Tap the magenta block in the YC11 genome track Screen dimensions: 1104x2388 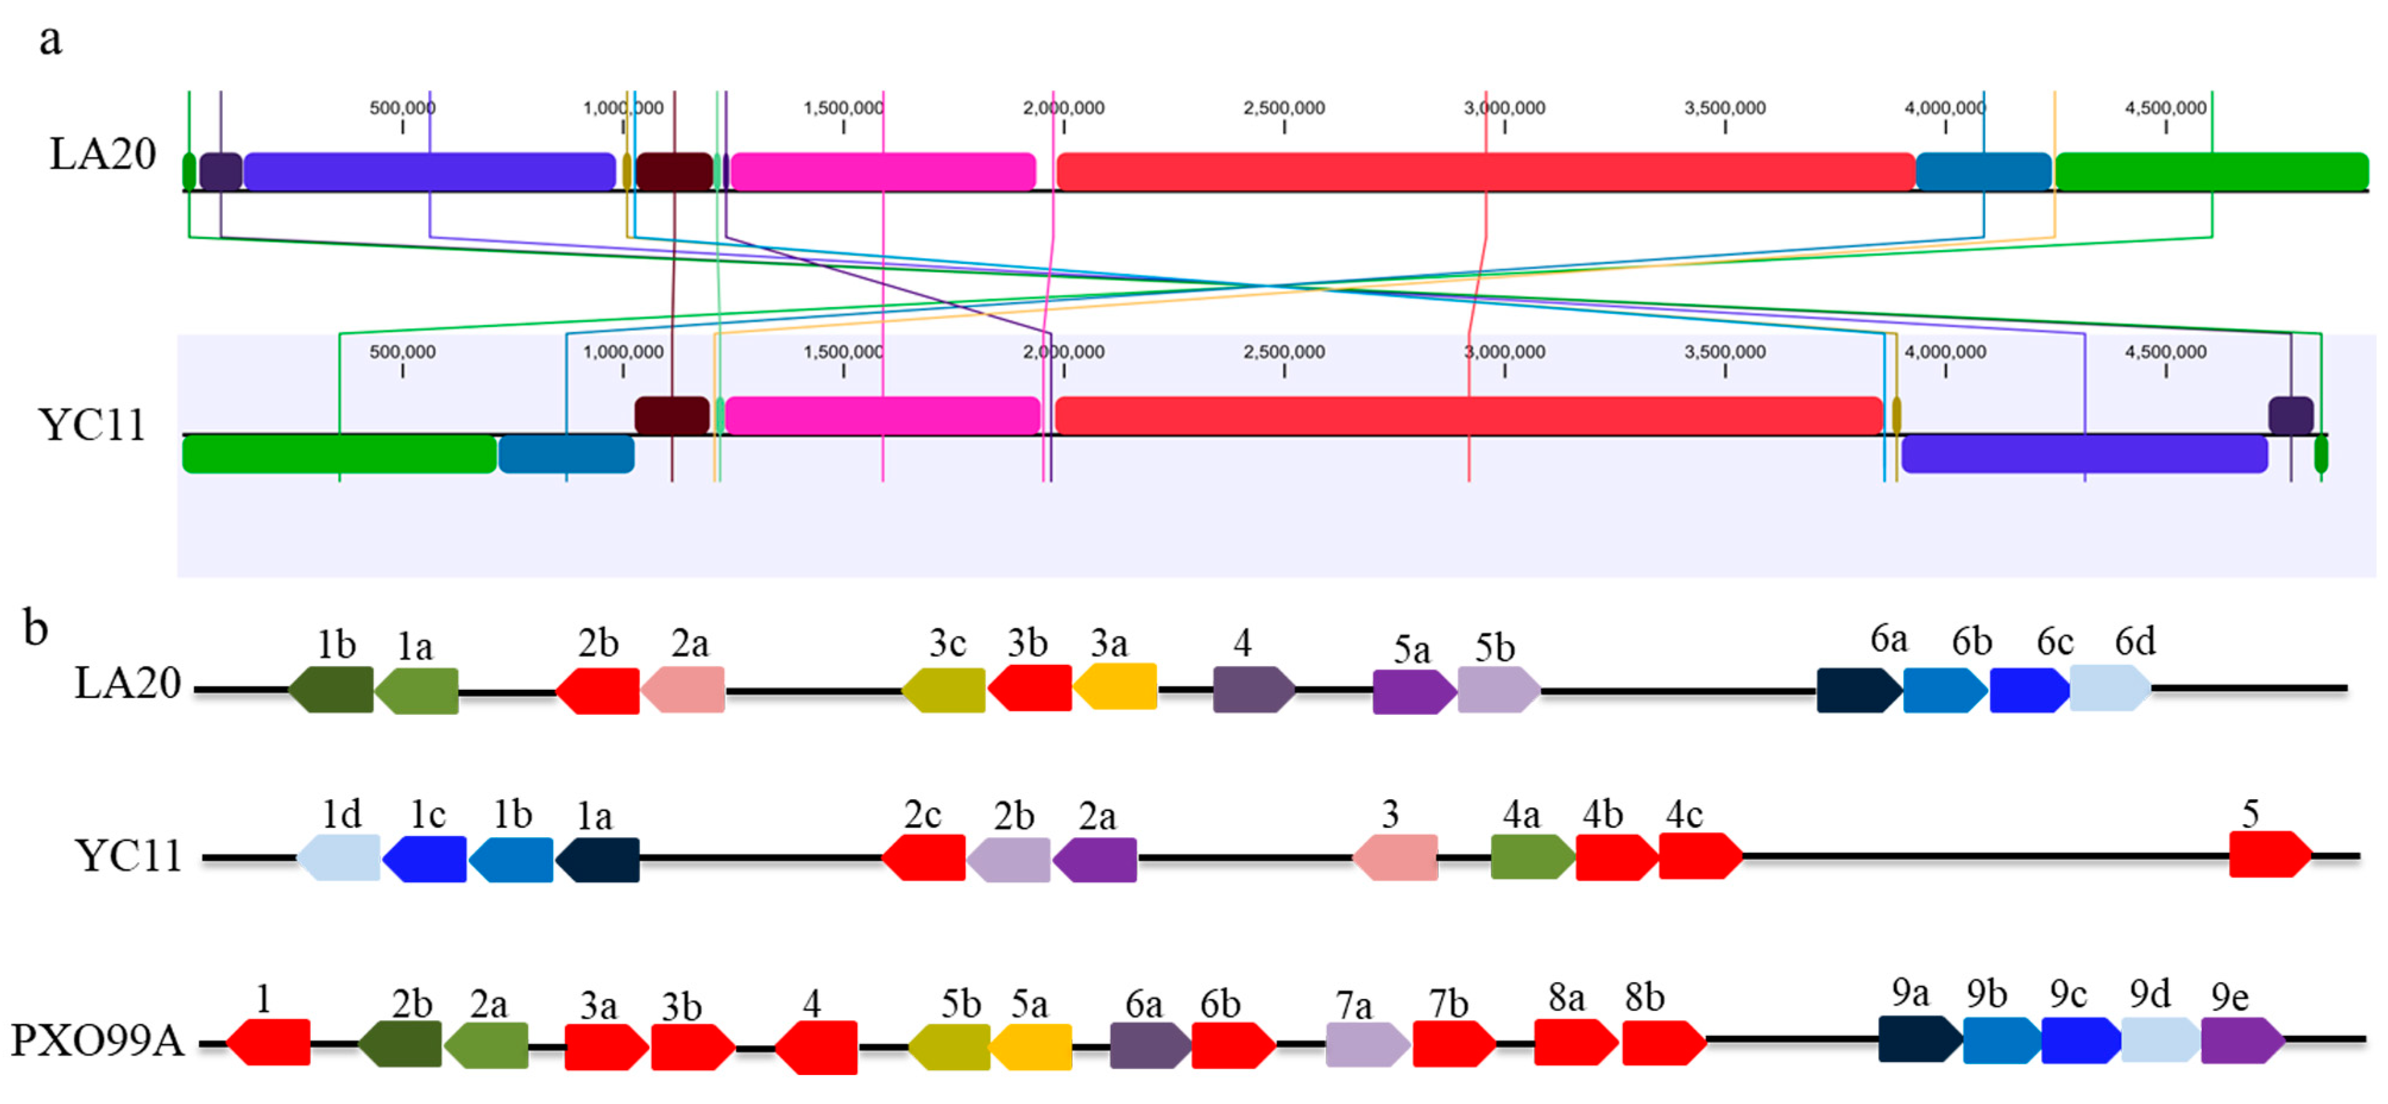coord(883,415)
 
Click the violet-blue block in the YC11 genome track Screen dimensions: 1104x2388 coord(2084,454)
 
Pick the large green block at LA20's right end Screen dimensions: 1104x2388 coord(2211,172)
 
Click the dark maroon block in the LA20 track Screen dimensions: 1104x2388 coord(674,172)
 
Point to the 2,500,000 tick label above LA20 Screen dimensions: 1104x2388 coord(1284,108)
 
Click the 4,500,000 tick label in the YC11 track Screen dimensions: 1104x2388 coord(2166,352)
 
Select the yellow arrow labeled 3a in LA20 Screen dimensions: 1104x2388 coord(1115,687)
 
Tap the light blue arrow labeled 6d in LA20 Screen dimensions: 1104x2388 coord(2110,689)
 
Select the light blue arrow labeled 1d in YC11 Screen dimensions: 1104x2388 coord(339,857)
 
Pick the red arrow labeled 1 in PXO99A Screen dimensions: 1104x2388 coord(269,1042)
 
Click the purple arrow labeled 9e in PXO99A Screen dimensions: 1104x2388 coord(2242,1040)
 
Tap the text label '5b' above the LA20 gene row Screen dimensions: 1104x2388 coord(1494,648)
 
